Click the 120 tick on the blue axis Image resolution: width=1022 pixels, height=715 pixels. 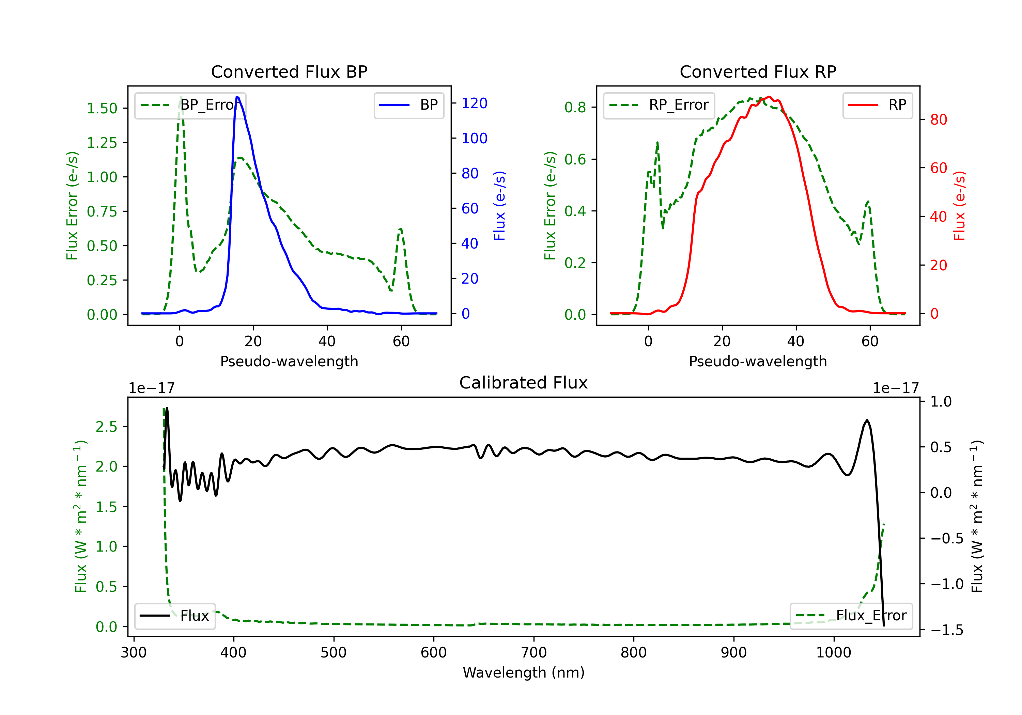[x=474, y=103]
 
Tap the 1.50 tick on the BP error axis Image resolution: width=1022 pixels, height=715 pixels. [x=102, y=108]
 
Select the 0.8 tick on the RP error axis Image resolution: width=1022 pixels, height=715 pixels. [x=575, y=107]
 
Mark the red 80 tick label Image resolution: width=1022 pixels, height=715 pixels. [x=938, y=120]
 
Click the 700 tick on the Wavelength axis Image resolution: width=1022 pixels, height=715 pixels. [x=533, y=653]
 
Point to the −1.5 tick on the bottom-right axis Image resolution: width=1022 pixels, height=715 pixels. [x=947, y=630]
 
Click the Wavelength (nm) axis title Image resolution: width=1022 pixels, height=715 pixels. [x=524, y=672]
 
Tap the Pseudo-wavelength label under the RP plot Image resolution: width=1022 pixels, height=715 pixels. [x=758, y=361]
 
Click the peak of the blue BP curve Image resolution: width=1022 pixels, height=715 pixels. [x=237, y=97]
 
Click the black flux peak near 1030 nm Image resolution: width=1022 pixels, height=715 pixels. [x=867, y=420]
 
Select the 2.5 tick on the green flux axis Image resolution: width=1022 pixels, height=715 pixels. [x=106, y=427]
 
